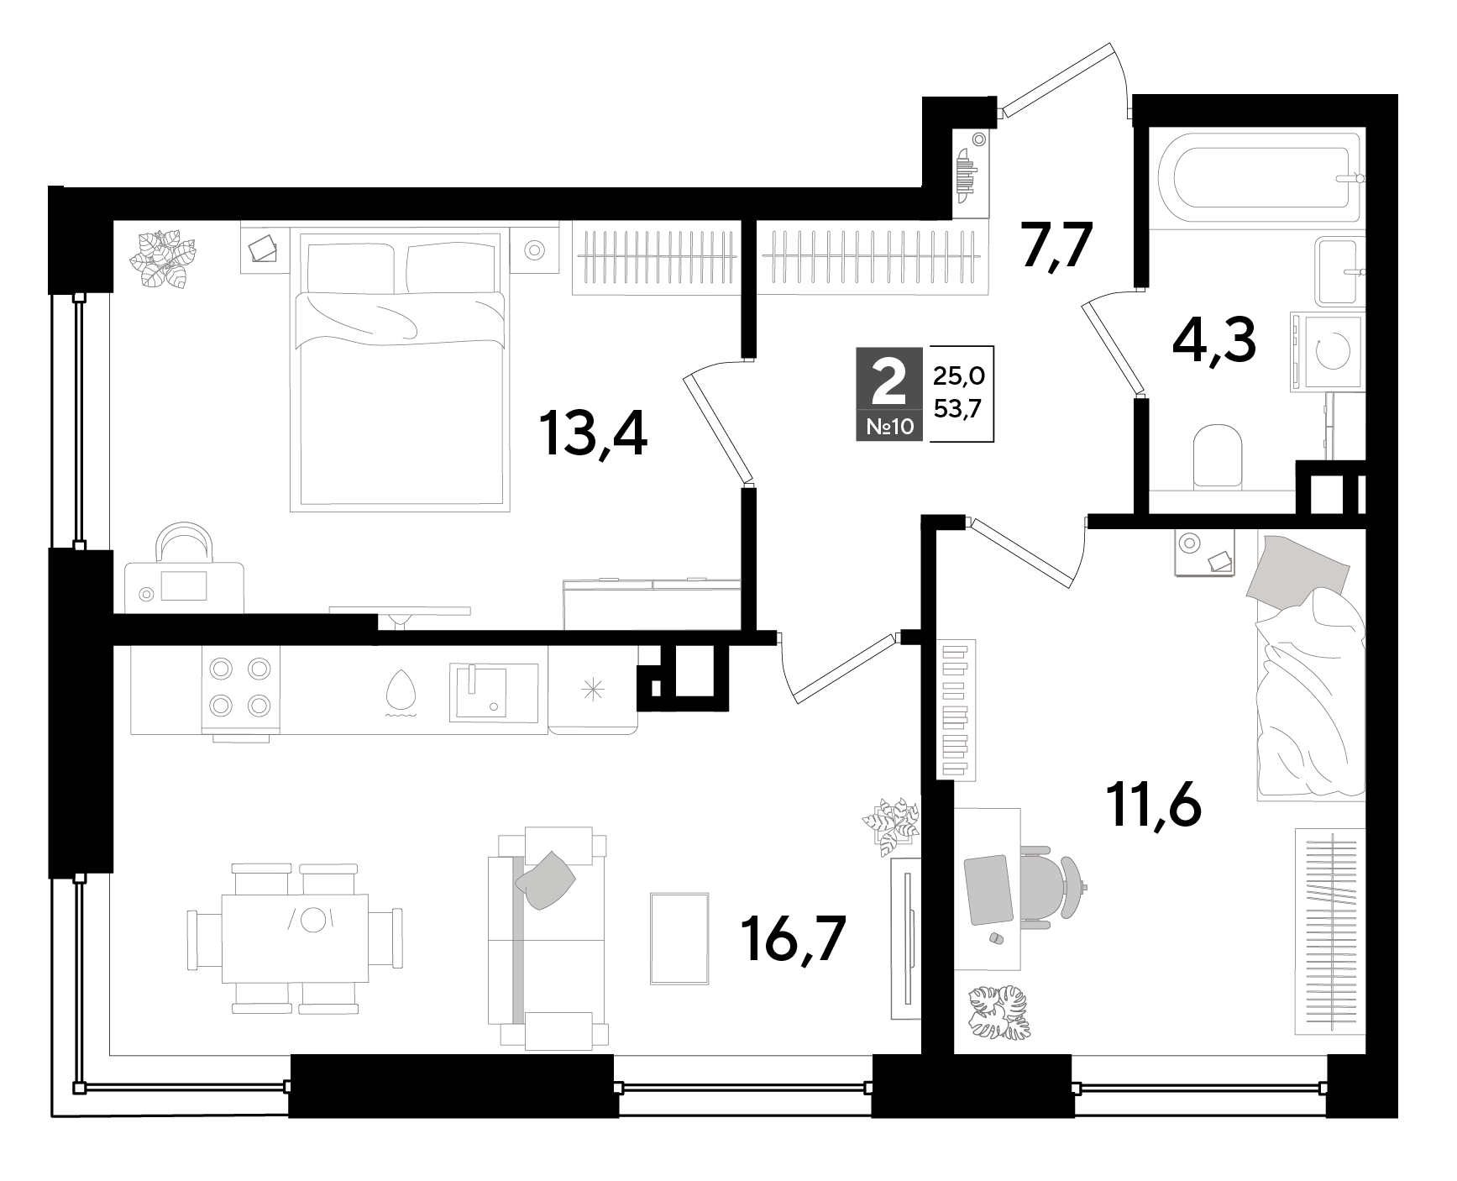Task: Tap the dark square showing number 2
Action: pos(889,393)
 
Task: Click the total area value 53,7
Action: pos(957,412)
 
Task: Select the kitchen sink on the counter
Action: pos(494,690)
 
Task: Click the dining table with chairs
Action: pos(294,938)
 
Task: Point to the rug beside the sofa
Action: pos(679,938)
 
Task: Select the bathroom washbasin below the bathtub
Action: pos(1339,270)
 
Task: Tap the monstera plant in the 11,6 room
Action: pos(999,1012)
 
